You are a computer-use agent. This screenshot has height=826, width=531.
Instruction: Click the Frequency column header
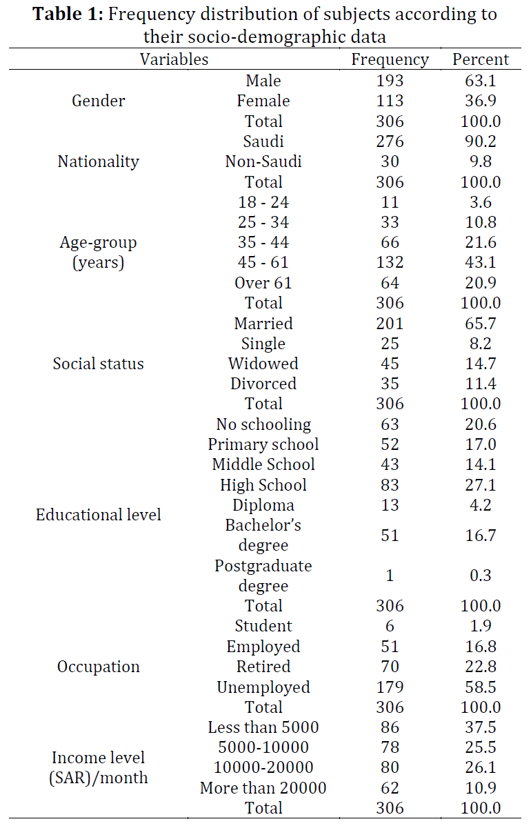click(390, 59)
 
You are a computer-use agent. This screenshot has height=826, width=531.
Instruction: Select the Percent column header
click(481, 59)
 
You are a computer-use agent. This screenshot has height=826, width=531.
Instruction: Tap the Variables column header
click(174, 59)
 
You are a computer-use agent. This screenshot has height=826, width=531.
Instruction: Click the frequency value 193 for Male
click(390, 81)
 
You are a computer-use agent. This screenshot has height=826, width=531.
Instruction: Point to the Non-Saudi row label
click(263, 161)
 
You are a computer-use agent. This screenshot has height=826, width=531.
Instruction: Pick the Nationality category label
click(99, 161)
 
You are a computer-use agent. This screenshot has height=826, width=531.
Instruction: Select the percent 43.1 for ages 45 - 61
click(481, 262)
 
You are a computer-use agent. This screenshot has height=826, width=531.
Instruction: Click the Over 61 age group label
click(263, 283)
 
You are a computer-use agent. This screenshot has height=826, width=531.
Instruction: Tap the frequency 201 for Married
click(390, 324)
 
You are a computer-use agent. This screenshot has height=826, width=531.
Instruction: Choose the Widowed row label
click(263, 364)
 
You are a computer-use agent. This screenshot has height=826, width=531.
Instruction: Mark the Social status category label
click(99, 364)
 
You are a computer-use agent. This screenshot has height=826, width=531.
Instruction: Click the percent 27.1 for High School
click(481, 484)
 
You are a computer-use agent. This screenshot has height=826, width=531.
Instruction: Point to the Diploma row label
click(263, 505)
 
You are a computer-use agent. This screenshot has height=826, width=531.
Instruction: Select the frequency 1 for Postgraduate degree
click(390, 576)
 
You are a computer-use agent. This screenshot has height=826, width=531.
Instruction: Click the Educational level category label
click(99, 515)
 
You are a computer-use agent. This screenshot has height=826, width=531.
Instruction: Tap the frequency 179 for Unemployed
click(390, 687)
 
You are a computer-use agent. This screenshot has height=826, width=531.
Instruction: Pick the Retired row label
click(263, 667)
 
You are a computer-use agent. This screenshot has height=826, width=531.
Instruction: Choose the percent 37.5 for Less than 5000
click(481, 727)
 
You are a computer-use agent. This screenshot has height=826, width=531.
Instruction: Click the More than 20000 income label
click(263, 788)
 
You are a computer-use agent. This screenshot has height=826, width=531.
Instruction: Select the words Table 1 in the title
click(68, 14)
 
